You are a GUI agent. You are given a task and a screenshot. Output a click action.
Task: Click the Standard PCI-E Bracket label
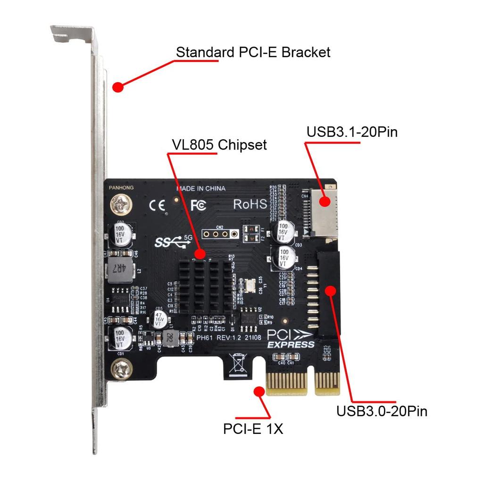click(x=253, y=52)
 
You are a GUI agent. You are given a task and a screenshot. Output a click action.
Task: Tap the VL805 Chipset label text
click(x=219, y=144)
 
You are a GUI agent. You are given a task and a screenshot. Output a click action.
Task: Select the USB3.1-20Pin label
click(x=352, y=132)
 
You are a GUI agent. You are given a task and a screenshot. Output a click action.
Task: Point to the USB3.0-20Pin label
click(x=382, y=411)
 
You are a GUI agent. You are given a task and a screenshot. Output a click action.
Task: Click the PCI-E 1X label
click(x=253, y=429)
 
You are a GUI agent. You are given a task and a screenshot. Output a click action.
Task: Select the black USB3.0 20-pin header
click(x=327, y=295)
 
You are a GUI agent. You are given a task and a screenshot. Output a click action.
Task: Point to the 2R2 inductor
click(x=169, y=337)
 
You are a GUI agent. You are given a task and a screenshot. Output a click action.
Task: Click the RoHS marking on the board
click(x=250, y=204)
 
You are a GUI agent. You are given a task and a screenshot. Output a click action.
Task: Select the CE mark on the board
click(x=157, y=205)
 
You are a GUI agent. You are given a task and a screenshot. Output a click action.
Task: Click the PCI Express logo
click(x=291, y=338)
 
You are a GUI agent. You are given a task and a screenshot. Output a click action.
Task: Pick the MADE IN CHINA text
click(x=201, y=189)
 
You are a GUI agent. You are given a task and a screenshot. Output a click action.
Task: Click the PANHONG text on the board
click(x=121, y=188)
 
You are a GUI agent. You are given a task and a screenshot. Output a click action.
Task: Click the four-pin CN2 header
click(x=217, y=233)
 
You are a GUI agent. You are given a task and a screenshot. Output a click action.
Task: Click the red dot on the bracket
click(x=117, y=87)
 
